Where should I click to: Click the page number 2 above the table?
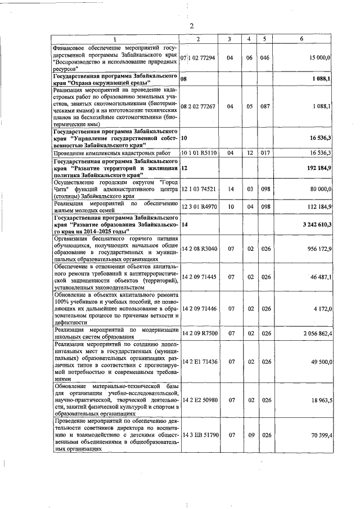coord(191,26)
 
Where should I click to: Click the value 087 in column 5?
coord(265,106)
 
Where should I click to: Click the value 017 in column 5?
coord(265,152)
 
